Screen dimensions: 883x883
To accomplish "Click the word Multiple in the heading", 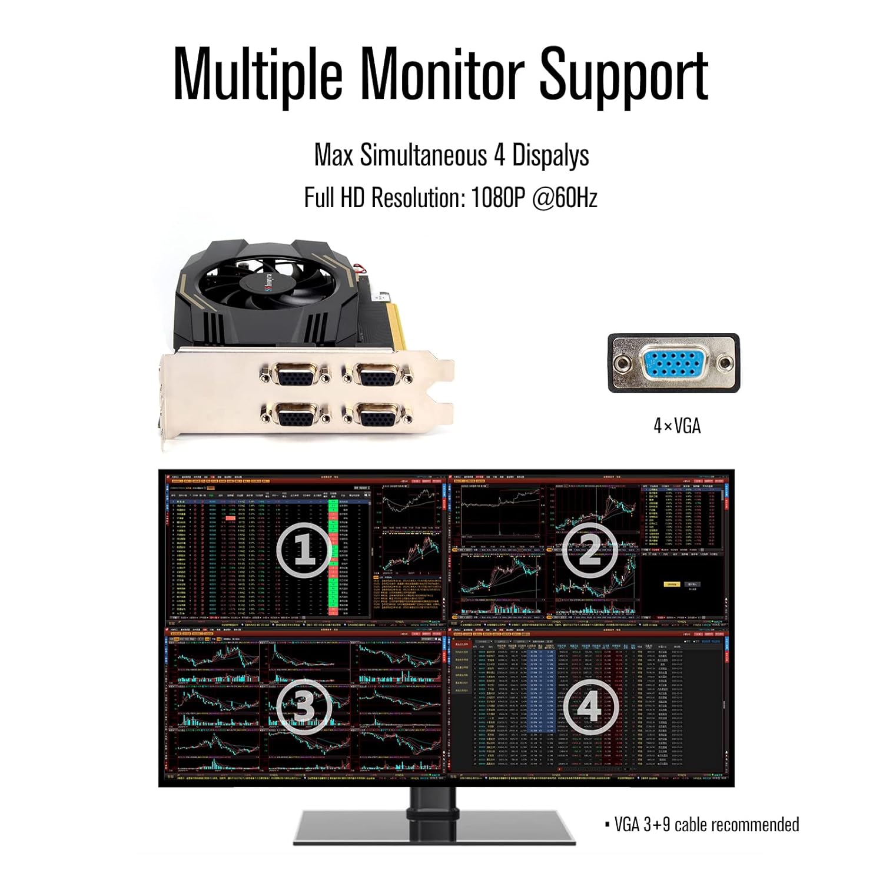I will click(x=258, y=74).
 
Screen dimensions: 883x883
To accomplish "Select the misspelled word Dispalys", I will click(x=550, y=155).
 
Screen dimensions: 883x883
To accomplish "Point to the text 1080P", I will click(x=497, y=198).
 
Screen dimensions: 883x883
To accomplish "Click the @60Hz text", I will click(x=565, y=198).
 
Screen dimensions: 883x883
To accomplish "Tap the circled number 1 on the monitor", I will click(x=304, y=550).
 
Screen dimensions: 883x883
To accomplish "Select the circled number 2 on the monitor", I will click(x=589, y=550).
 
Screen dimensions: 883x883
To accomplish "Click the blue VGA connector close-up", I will click(x=673, y=363).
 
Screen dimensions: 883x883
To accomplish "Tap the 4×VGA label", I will click(x=677, y=426).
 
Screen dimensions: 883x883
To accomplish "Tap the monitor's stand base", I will click(x=434, y=826).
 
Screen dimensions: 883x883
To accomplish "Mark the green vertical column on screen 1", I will click(x=333, y=559).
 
